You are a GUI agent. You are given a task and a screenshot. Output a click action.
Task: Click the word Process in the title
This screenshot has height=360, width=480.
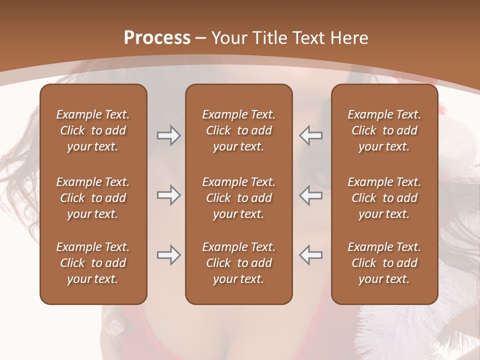click(x=157, y=38)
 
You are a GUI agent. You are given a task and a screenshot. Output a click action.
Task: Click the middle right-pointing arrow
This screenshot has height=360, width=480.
click(x=168, y=195)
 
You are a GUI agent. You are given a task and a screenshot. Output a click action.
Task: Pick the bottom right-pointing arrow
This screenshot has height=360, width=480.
click(x=168, y=255)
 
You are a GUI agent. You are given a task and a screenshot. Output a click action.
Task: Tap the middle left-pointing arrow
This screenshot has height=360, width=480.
click(x=310, y=195)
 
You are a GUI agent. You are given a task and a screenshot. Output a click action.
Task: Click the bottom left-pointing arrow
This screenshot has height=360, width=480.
click(x=310, y=255)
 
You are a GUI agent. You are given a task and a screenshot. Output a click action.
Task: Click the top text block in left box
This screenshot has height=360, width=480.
click(x=93, y=130)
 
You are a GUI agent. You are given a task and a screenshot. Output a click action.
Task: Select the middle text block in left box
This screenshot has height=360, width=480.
click(x=93, y=198)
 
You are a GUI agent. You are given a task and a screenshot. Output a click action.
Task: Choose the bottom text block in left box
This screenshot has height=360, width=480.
click(x=93, y=263)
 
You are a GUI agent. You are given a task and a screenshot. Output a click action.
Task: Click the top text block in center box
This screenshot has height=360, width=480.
click(x=238, y=130)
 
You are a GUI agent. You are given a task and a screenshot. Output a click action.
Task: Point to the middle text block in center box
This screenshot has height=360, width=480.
click(x=238, y=198)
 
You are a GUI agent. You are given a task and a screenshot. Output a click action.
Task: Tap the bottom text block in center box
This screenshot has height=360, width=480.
click(x=238, y=263)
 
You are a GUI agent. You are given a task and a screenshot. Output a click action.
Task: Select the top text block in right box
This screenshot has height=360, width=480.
click(x=384, y=130)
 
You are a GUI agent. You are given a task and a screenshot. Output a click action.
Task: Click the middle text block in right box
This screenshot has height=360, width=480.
click(x=384, y=198)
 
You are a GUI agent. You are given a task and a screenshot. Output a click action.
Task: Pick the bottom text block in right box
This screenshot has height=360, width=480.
click(x=384, y=263)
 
